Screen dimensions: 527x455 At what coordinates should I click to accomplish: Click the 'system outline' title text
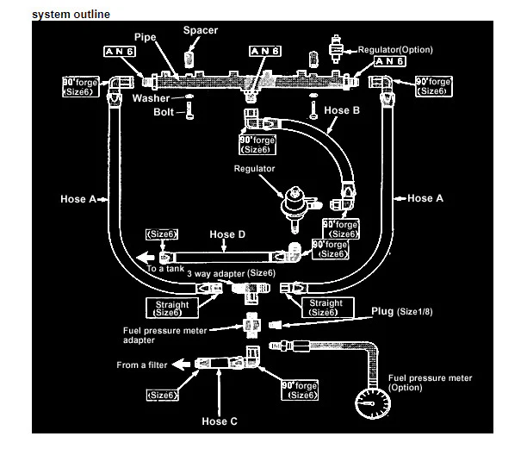click(x=71, y=15)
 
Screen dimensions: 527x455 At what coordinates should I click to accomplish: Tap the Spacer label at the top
click(x=201, y=30)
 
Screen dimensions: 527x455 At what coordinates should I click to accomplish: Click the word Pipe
click(x=145, y=37)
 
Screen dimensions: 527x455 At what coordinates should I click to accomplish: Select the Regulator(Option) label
click(x=395, y=50)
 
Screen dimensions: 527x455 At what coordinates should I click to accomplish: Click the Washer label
click(x=151, y=98)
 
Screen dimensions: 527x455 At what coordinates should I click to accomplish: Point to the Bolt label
click(x=164, y=112)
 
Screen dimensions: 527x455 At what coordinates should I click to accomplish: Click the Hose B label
click(x=342, y=110)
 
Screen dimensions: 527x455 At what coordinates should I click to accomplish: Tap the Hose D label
click(x=227, y=234)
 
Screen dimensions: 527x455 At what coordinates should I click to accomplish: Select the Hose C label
click(x=220, y=421)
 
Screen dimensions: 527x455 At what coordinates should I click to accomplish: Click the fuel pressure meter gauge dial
click(x=373, y=403)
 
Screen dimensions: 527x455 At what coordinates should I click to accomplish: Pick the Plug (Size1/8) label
click(x=401, y=311)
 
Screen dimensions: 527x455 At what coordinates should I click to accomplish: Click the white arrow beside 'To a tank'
click(x=146, y=258)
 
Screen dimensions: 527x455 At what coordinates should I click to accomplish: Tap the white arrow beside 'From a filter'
click(x=181, y=365)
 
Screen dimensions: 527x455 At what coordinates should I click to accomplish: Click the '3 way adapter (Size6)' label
click(x=231, y=273)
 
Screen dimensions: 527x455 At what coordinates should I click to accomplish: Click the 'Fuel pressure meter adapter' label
click(x=164, y=335)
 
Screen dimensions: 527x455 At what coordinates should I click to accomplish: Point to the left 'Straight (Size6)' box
click(x=172, y=308)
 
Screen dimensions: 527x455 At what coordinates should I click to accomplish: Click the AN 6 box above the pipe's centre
click(x=265, y=51)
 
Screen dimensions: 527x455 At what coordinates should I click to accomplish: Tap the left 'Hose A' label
click(x=78, y=199)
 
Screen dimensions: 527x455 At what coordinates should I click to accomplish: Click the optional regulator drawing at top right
click(x=336, y=49)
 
